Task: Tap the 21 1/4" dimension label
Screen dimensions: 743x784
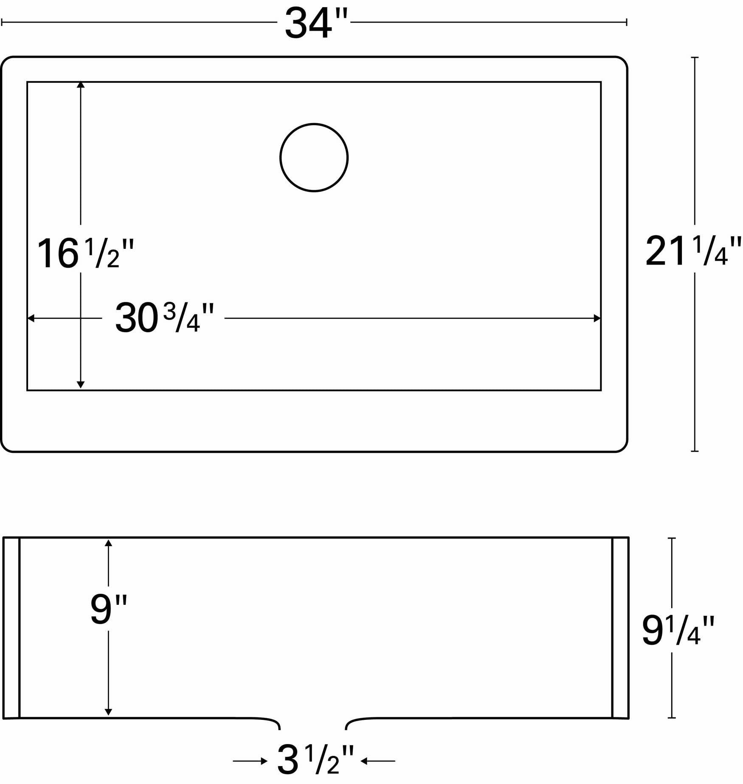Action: (x=693, y=251)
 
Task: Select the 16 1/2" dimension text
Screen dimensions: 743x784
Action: (x=85, y=254)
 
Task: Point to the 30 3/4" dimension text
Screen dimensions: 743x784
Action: (x=164, y=318)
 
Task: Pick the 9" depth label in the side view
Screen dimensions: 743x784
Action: (x=109, y=609)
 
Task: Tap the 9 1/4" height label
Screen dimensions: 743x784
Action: (x=678, y=631)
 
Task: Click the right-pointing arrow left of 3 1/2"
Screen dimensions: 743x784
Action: (x=250, y=761)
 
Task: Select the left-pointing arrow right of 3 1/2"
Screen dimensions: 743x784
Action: (x=377, y=761)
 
